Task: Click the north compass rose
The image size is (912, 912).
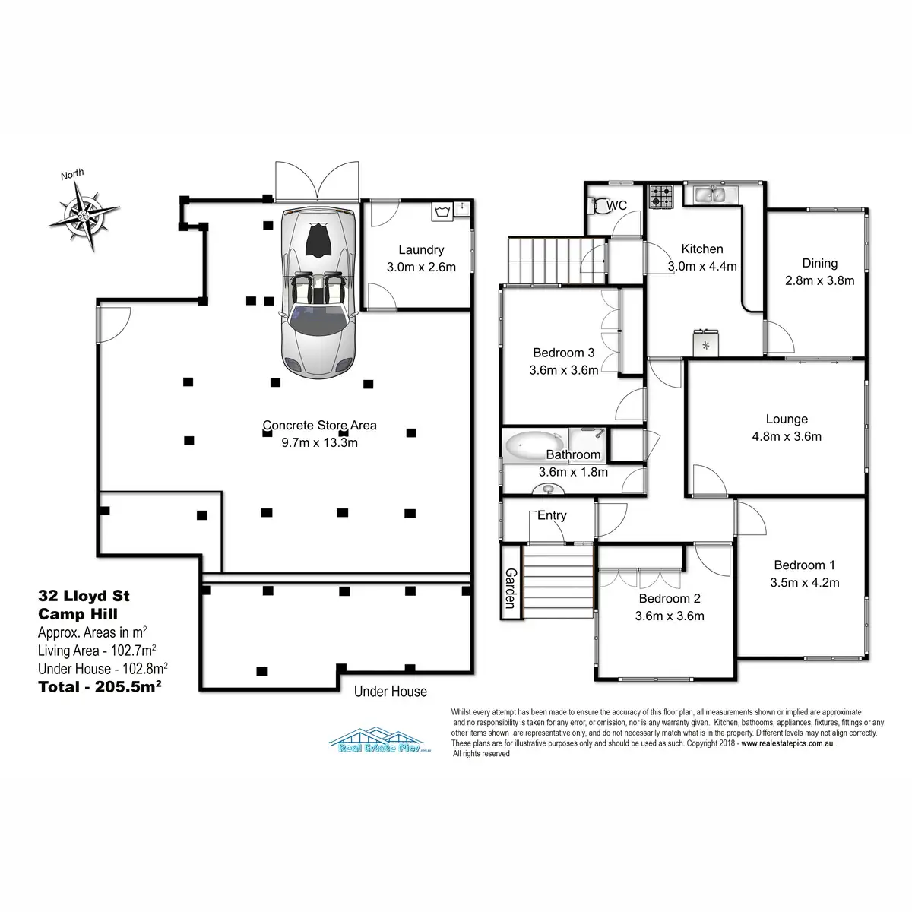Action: tap(84, 211)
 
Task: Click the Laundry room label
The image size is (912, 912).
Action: tap(420, 249)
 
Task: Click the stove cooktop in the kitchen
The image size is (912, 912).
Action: tap(661, 198)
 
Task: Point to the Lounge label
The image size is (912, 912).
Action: tap(787, 419)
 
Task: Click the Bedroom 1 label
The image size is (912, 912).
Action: tap(804, 565)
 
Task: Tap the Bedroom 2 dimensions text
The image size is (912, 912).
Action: tap(670, 616)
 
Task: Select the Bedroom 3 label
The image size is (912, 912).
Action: tap(563, 353)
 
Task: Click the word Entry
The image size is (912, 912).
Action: tap(552, 515)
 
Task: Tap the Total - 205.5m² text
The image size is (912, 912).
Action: tap(100, 686)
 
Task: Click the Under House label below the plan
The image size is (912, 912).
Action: tap(390, 692)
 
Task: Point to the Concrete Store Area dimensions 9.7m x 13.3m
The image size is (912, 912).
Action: tap(319, 442)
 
